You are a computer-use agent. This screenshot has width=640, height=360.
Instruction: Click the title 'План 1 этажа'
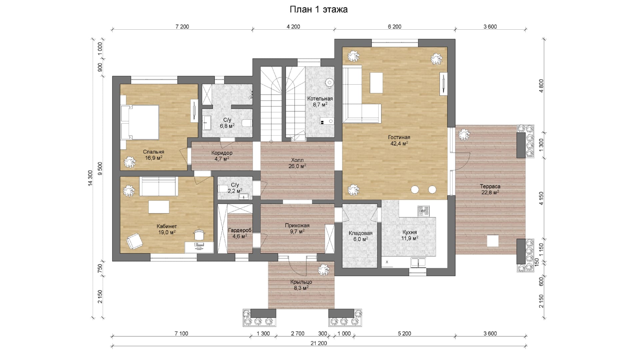point(318,10)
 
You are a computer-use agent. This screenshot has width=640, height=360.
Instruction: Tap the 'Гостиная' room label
point(399,137)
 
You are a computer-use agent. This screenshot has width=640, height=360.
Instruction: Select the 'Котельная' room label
point(320,99)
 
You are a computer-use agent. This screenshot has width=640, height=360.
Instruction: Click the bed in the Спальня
point(140,122)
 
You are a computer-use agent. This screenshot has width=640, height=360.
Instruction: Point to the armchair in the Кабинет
point(134,241)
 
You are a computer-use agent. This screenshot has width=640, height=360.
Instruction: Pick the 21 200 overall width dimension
point(319,343)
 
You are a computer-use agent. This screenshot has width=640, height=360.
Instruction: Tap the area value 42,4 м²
point(399,144)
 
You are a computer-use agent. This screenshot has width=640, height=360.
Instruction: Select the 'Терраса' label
point(490,186)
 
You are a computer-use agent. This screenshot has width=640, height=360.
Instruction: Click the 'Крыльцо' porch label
point(301,282)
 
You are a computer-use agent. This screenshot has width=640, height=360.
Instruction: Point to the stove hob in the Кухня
point(424,211)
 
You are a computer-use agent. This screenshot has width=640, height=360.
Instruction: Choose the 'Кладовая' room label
point(361,233)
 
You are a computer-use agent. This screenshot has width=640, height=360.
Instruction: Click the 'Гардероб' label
point(240,230)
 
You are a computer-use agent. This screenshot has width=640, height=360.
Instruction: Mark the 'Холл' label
point(297,160)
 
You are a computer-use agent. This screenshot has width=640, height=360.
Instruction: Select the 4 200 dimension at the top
point(293,27)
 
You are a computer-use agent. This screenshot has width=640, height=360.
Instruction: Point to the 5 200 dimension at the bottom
point(404,333)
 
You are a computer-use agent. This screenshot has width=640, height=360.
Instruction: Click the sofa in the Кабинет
point(158,186)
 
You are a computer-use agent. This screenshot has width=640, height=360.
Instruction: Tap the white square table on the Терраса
point(493,241)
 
